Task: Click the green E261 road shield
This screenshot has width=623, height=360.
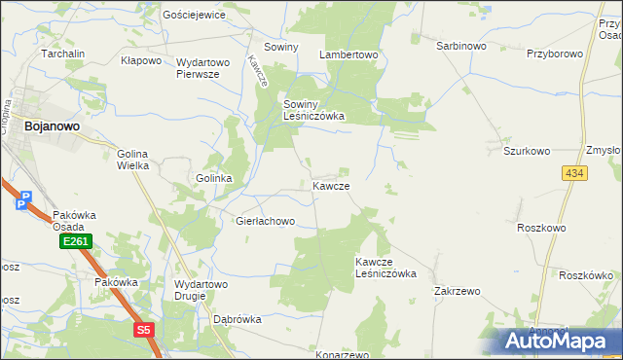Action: pyautogui.click(x=74, y=241)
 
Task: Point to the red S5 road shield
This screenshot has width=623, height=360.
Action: pyautogui.click(x=144, y=330)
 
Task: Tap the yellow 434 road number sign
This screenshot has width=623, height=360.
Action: pyautogui.click(x=573, y=172)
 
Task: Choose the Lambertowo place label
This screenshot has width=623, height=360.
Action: pyautogui.click(x=348, y=55)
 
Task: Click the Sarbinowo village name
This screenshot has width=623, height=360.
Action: pyautogui.click(x=460, y=46)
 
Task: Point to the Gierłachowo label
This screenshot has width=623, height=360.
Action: pyautogui.click(x=265, y=221)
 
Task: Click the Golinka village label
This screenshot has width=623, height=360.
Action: pyautogui.click(x=213, y=179)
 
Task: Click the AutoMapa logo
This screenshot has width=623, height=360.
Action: pyautogui.click(x=561, y=341)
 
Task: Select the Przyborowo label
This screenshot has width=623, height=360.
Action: pyautogui.click(x=554, y=54)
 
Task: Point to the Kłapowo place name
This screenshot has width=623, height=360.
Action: pyautogui.click(x=140, y=60)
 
